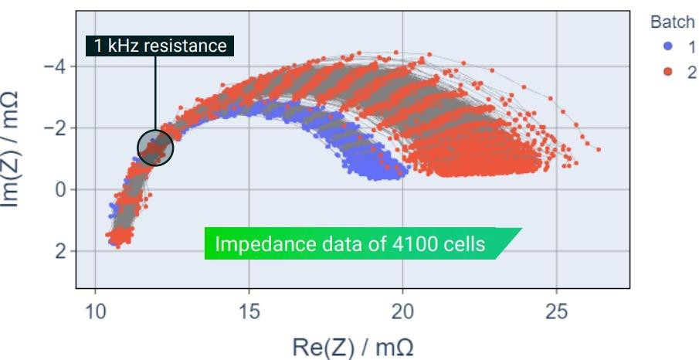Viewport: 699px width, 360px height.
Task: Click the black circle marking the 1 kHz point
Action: click(x=155, y=147)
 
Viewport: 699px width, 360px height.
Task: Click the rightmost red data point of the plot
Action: click(x=599, y=150)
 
